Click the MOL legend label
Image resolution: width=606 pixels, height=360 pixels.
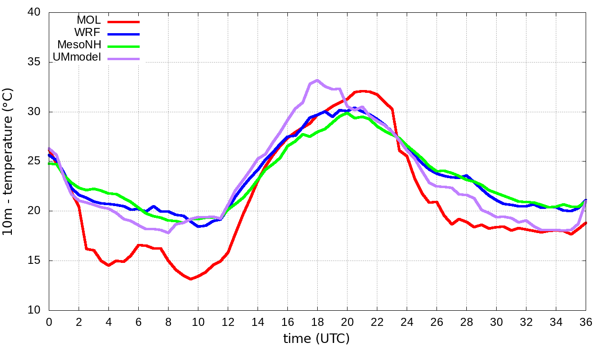(x=89, y=20)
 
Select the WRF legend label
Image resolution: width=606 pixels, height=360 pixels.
(x=88, y=33)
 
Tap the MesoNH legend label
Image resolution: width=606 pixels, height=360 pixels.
(x=79, y=45)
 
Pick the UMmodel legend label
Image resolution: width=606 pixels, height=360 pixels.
(x=77, y=57)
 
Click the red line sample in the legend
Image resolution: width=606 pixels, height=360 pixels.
(x=124, y=22)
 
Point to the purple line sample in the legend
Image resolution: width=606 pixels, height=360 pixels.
(x=124, y=59)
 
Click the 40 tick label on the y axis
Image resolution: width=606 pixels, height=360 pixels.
(x=34, y=13)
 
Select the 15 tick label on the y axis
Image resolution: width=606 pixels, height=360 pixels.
(x=34, y=261)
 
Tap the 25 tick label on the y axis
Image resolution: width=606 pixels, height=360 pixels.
(x=34, y=162)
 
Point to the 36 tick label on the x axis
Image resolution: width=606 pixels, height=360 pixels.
(x=586, y=322)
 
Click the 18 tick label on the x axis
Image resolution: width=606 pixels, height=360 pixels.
(x=317, y=322)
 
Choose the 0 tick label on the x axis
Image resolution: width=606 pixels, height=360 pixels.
(x=49, y=322)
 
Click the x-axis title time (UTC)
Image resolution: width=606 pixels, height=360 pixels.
(x=316, y=339)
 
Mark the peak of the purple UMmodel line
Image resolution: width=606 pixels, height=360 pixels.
(x=317, y=80)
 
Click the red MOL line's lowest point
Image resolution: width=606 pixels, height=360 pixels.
(x=190, y=279)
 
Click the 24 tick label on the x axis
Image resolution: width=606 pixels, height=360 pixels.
(x=407, y=322)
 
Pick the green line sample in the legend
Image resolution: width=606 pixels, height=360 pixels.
(x=124, y=46)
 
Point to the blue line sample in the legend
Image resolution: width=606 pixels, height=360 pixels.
(x=124, y=34)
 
